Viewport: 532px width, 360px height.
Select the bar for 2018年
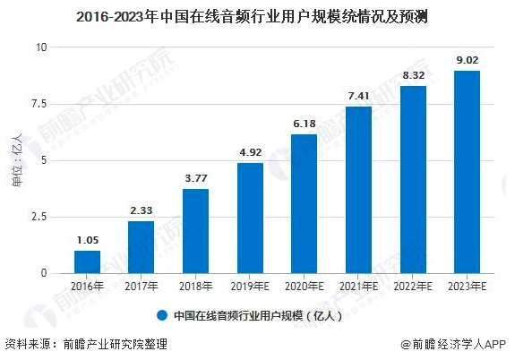(195, 230)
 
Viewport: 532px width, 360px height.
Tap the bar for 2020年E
(304, 203)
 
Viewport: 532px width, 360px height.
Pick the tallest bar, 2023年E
(467, 171)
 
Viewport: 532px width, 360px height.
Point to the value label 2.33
(141, 210)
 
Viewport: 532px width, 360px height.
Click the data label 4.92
(250, 152)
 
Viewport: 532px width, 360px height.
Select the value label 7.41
(358, 96)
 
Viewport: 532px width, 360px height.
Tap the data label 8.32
(413, 75)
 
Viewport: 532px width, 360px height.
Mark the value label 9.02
(467, 60)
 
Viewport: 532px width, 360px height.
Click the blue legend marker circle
(162, 315)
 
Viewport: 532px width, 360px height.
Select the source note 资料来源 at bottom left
(86, 344)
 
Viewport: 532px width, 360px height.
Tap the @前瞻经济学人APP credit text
(467, 344)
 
